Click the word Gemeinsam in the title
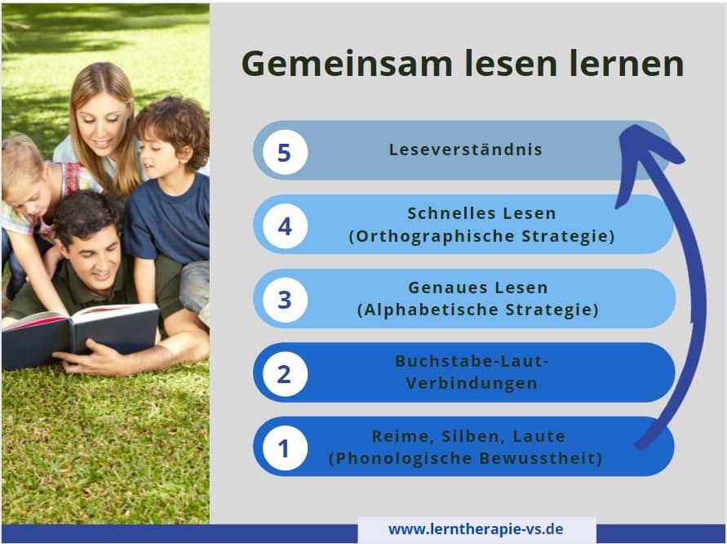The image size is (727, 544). [347, 64]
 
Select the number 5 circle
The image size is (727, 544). [285, 152]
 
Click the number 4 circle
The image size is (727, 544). [285, 226]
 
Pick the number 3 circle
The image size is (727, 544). [285, 300]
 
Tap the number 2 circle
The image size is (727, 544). [285, 374]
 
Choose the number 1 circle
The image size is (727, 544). [285, 448]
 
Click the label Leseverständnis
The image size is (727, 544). [466, 149]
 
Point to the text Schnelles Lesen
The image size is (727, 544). [481, 213]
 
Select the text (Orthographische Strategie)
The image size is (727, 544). [481, 236]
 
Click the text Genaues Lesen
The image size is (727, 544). [478, 288]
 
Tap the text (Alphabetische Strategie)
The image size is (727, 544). [478, 310]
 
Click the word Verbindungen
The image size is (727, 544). [472, 383]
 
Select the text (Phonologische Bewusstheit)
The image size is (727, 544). [466, 458]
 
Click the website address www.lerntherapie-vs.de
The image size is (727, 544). [476, 529]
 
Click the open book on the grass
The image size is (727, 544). [80, 333]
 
